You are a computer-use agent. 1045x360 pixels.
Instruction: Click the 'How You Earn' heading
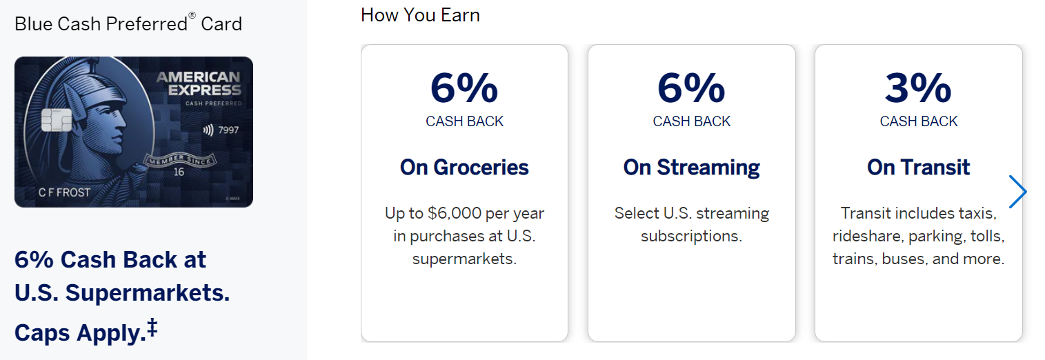coord(420,15)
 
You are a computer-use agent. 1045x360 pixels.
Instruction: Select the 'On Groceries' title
coord(464,167)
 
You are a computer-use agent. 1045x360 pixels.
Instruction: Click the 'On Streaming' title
coord(691,168)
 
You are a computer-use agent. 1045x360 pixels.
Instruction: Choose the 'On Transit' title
coord(918,167)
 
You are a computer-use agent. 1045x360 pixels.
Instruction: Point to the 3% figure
coord(918,88)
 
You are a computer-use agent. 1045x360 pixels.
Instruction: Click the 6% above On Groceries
coord(464,88)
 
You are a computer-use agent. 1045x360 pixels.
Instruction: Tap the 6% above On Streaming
coord(691,88)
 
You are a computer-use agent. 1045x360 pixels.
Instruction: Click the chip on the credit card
coord(57,120)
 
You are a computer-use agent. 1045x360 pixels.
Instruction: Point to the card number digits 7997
coord(228,130)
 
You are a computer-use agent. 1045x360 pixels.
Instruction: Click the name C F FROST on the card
coord(64,192)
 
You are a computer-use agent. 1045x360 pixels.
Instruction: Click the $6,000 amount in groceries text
coord(455,213)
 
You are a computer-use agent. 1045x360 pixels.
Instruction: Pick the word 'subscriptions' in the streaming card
coord(690,237)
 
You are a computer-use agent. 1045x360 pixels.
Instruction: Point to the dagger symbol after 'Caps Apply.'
coord(152,328)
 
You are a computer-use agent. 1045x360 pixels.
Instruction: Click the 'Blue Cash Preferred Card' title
coord(128,23)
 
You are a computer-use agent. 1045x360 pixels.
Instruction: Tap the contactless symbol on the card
coord(208,130)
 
